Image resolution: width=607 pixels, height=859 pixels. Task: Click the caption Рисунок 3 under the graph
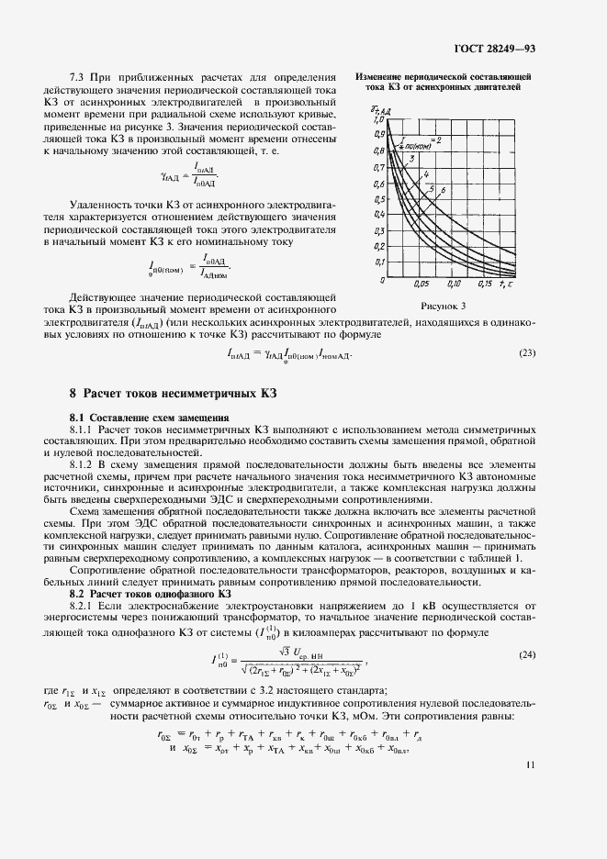(444, 307)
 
